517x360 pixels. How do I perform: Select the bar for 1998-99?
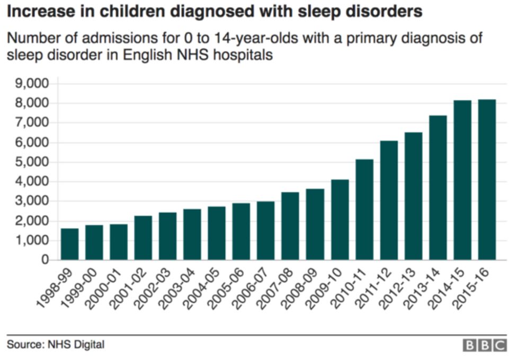coord(70,244)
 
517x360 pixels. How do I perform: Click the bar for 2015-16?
coord(487,180)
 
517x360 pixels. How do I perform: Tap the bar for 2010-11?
coord(364,210)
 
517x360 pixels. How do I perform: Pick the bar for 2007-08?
coord(291,226)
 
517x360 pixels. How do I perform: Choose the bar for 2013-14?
coord(438,188)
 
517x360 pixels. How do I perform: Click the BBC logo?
coord(485,346)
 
